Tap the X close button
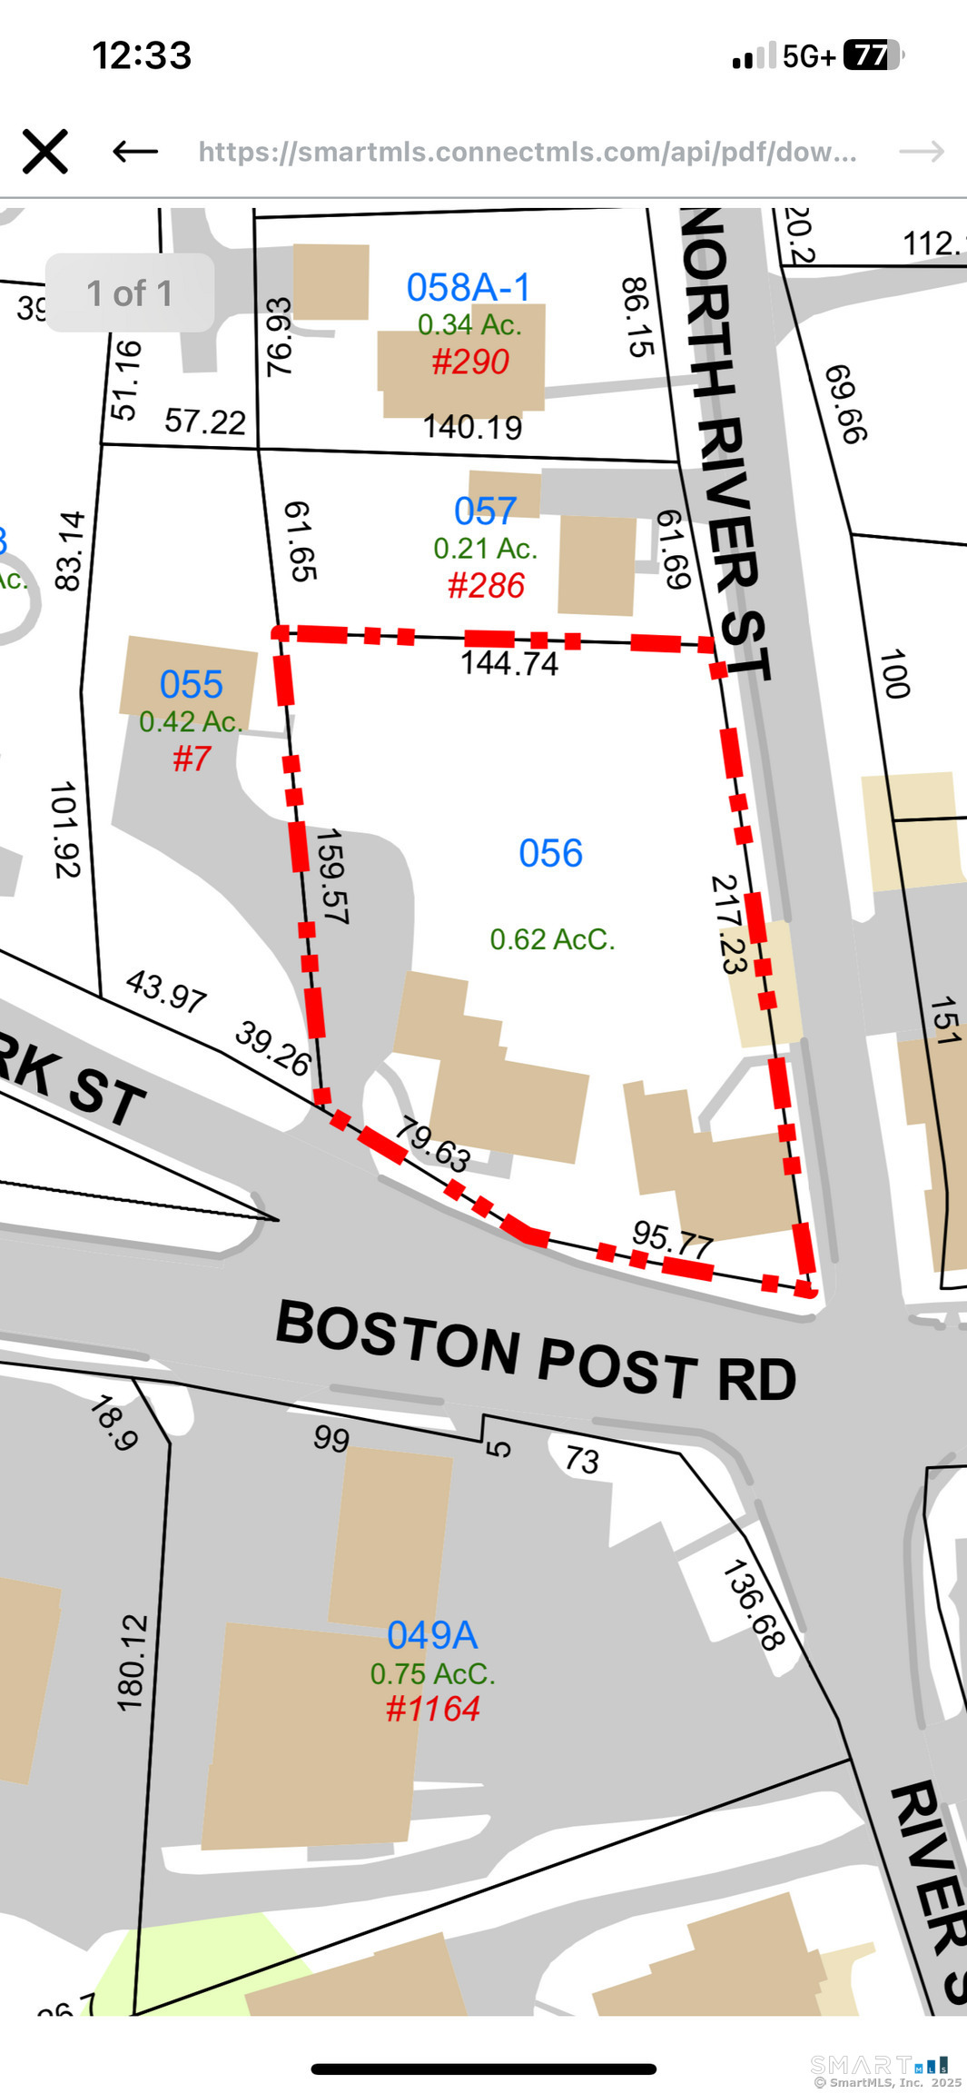(x=44, y=151)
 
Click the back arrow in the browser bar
(x=135, y=151)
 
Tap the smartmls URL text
(x=527, y=152)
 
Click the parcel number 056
(x=550, y=853)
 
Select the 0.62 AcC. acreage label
(x=552, y=938)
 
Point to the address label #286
(x=486, y=586)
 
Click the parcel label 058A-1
(x=468, y=287)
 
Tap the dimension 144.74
(x=508, y=663)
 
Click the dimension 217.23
(x=729, y=924)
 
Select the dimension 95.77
(x=672, y=1239)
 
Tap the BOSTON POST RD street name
(x=536, y=1350)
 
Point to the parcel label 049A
(x=432, y=1635)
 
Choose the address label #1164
(x=432, y=1709)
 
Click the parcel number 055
(x=191, y=684)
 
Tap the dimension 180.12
(x=133, y=1662)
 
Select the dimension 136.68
(x=753, y=1604)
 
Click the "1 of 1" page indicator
(x=130, y=293)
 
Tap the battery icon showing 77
(x=872, y=55)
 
